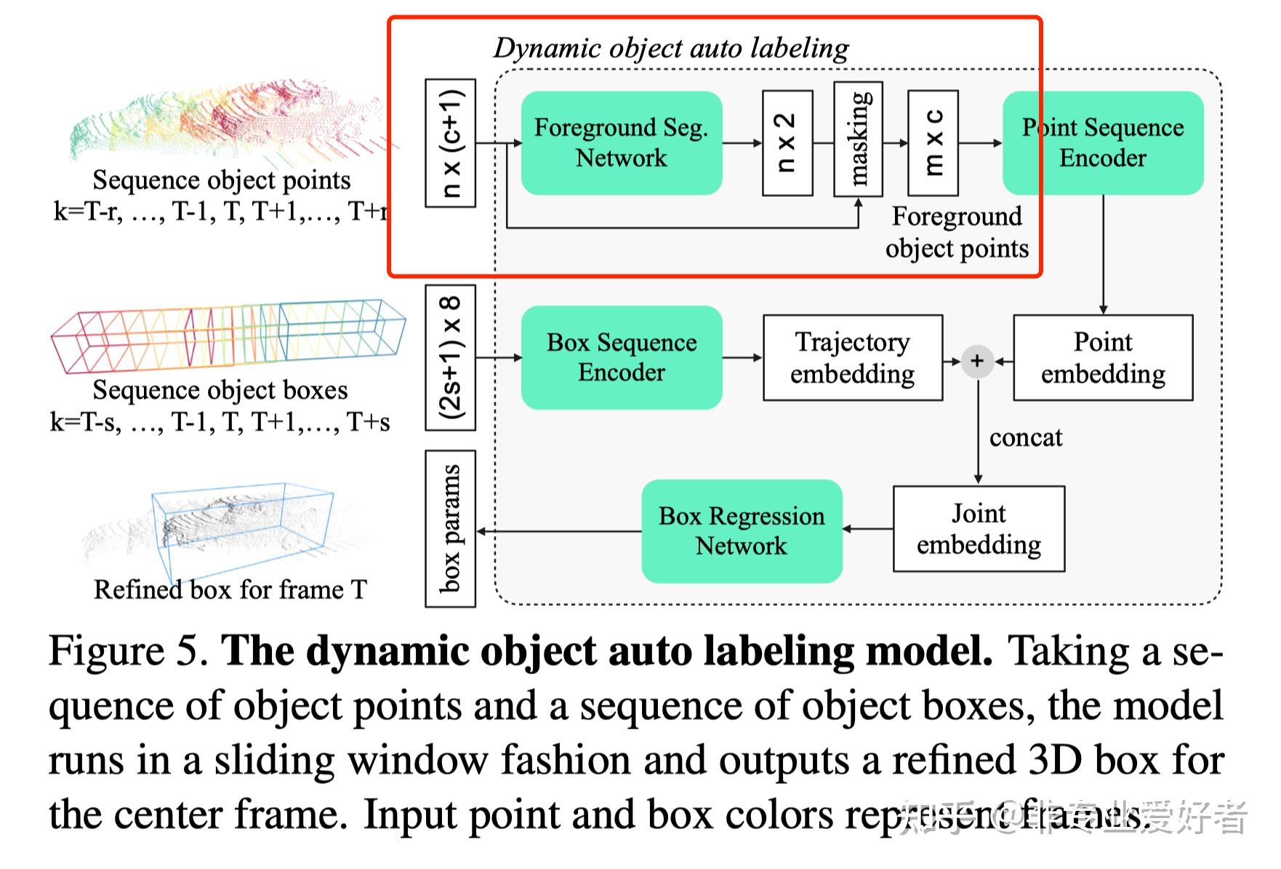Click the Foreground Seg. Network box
click(622, 142)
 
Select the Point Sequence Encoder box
click(1102, 142)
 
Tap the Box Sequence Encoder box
click(622, 357)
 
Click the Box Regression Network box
click(742, 530)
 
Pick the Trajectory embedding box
click(852, 357)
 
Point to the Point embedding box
click(1102, 357)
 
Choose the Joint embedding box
click(979, 529)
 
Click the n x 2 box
click(787, 143)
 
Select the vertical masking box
click(858, 139)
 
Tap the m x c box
click(933, 143)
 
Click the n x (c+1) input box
click(450, 143)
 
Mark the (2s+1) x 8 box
click(450, 357)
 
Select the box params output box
click(450, 528)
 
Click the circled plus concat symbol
click(977, 361)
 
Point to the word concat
click(1025, 437)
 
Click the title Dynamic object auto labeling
click(670, 48)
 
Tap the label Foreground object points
click(956, 232)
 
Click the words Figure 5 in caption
click(128, 650)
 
